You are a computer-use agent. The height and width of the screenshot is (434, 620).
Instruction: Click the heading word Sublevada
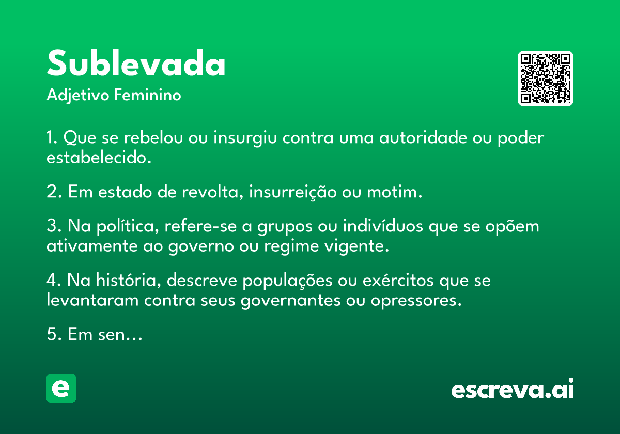[x=136, y=63]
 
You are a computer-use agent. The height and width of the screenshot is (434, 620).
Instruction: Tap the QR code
[x=545, y=79]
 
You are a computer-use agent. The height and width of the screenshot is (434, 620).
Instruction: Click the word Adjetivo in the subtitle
[x=78, y=96]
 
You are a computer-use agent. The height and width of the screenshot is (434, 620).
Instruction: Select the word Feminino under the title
[x=148, y=95]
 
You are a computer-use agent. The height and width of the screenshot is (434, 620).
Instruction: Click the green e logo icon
[x=61, y=388]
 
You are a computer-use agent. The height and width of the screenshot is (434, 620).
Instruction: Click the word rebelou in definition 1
[x=153, y=137]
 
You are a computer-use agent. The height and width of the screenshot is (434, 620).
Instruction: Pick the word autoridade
[x=423, y=137]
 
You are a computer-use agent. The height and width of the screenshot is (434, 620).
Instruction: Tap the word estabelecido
[x=99, y=157]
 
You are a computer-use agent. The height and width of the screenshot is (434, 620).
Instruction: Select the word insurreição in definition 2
[x=293, y=192]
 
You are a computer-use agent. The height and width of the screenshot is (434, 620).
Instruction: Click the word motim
[x=394, y=192]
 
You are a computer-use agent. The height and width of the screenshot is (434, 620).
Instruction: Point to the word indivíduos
[x=383, y=226]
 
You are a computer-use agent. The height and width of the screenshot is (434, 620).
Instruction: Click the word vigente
[x=357, y=246]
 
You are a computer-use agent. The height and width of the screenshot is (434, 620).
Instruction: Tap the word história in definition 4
[x=129, y=280]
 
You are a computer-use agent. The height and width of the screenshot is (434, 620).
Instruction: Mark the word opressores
[x=416, y=301]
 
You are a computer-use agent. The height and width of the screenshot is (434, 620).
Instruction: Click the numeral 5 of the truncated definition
[x=51, y=334]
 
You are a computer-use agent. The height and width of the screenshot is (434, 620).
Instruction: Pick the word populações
[x=287, y=281]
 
